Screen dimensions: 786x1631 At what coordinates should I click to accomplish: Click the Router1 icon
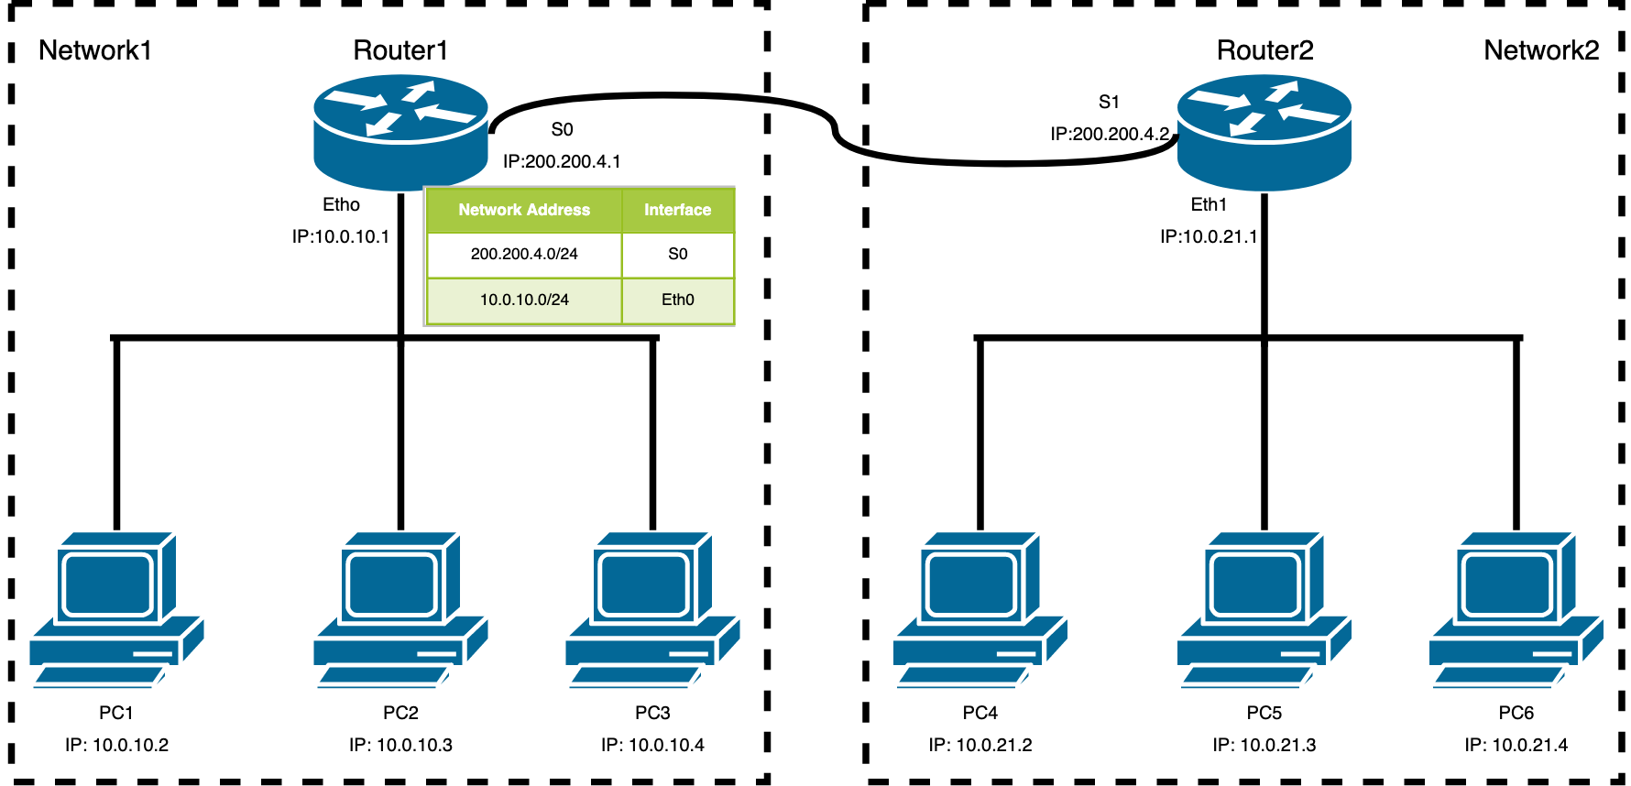point(400,133)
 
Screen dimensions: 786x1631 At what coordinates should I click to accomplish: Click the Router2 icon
point(1264,133)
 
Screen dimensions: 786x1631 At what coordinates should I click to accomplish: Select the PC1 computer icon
point(116,609)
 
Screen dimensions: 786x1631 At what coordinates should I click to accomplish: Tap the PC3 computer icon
point(652,609)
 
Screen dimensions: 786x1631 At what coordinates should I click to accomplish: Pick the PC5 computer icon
point(1264,609)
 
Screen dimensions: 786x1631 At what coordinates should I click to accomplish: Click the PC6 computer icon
point(1516,609)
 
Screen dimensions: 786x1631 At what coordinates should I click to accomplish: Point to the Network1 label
point(94,50)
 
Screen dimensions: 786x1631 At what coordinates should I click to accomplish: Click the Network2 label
point(1541,50)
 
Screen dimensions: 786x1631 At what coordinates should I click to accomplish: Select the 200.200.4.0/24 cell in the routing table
point(524,254)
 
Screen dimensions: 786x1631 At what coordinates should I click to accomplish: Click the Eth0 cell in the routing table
point(677,300)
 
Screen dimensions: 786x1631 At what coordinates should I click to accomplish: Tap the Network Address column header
point(524,210)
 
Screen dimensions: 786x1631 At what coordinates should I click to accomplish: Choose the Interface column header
point(677,210)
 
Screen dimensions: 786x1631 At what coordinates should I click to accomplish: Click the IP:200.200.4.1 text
point(562,161)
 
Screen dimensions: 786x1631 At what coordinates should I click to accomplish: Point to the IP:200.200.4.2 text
point(1110,134)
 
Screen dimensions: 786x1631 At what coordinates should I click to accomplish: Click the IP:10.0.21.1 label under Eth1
point(1209,236)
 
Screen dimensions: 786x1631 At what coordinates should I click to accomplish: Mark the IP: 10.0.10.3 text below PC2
point(400,745)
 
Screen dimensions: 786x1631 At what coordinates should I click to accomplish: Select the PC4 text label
point(980,713)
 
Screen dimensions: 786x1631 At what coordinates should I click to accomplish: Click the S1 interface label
point(1109,102)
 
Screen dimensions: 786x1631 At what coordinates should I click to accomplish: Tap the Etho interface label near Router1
point(341,204)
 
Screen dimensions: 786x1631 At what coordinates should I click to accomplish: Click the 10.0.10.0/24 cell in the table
point(524,300)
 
